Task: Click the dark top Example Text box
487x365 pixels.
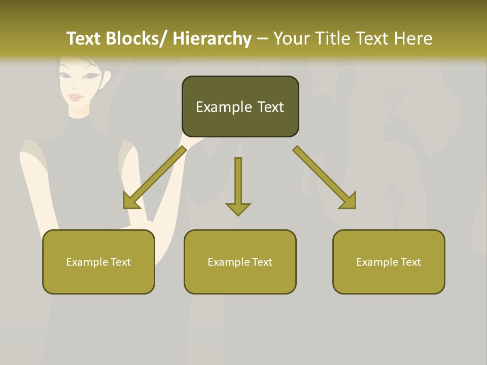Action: click(240, 106)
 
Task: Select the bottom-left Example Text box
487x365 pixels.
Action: click(98, 262)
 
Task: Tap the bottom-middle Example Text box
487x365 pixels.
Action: click(240, 262)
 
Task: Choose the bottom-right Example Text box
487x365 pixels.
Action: click(389, 262)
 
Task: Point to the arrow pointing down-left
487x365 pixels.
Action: click(155, 177)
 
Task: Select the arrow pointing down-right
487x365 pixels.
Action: click(325, 177)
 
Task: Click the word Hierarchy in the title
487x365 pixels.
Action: click(212, 39)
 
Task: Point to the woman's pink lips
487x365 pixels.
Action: click(76, 97)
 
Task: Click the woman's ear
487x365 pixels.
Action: click(106, 78)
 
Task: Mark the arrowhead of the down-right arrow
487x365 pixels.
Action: click(349, 201)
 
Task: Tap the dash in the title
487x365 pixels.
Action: click(262, 39)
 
